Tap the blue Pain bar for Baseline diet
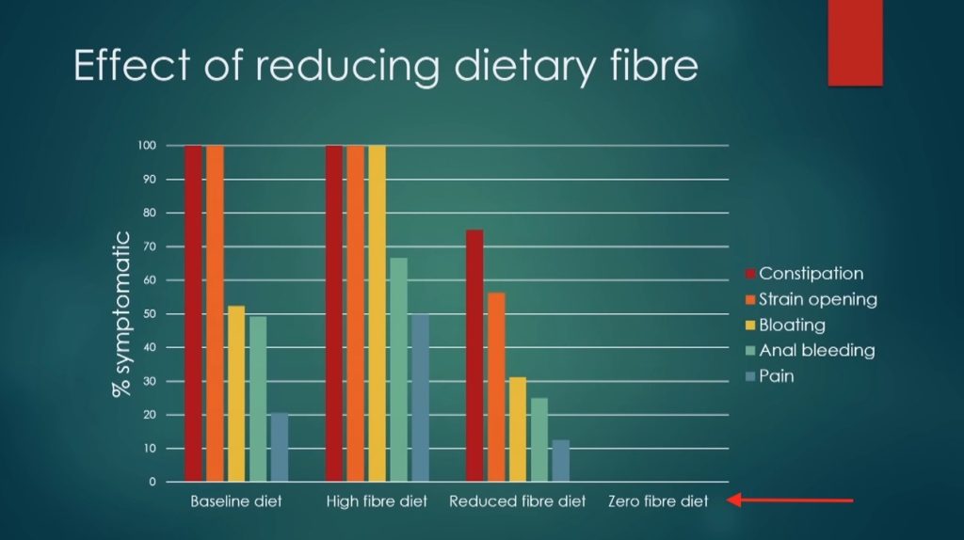click(x=279, y=447)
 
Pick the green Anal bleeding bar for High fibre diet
click(x=398, y=370)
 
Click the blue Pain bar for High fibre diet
click(x=420, y=397)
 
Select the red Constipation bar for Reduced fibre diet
click(x=474, y=356)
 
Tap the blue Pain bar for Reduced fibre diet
click(x=560, y=460)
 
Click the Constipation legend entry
click(x=811, y=274)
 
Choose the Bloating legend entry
click(x=792, y=325)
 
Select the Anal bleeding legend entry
click(x=816, y=350)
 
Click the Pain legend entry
click(x=776, y=375)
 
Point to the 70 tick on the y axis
click(x=148, y=246)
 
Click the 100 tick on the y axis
click(x=145, y=146)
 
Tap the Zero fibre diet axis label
click(x=658, y=501)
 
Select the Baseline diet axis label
click(x=235, y=501)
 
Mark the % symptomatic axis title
click(x=122, y=313)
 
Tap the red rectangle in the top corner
click(x=855, y=42)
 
